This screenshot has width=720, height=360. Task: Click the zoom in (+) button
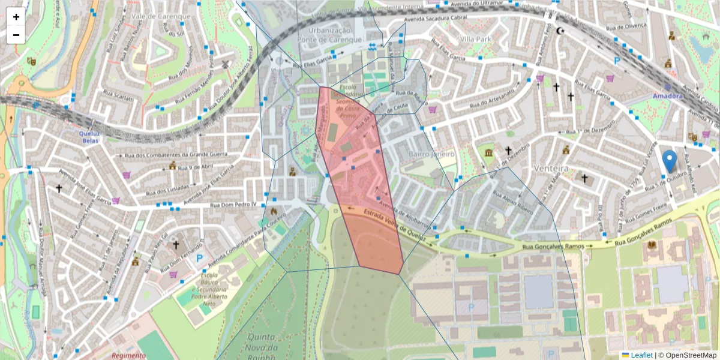(x=16, y=17)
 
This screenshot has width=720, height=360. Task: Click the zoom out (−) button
(x=16, y=35)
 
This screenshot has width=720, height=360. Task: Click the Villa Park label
(x=476, y=38)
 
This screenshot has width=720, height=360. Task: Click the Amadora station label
(x=667, y=96)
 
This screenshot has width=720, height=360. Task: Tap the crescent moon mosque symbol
(x=561, y=31)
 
